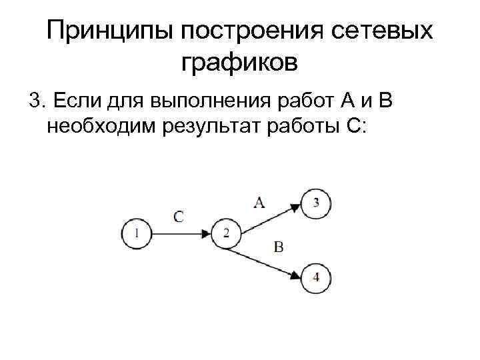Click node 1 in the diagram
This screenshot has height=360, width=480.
tap(137, 233)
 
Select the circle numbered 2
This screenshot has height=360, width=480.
tap(226, 233)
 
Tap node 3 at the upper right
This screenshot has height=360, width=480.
tap(315, 203)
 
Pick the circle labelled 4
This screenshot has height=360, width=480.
tap(315, 277)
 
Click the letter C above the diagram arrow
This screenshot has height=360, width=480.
tap(179, 215)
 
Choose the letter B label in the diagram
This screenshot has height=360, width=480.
tap(278, 248)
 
